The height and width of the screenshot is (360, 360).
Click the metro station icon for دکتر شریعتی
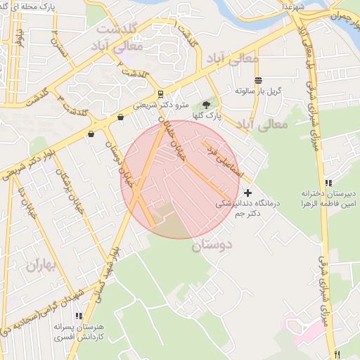[161, 94]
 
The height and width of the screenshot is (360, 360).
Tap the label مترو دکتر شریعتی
[162, 105]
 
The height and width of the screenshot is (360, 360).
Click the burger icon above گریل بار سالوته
[259, 80]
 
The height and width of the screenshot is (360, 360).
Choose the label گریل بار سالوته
[259, 91]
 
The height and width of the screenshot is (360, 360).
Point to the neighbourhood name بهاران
[37, 266]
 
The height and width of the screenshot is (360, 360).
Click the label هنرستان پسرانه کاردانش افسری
[77, 333]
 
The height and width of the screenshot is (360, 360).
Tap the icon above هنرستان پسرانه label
[78, 316]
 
